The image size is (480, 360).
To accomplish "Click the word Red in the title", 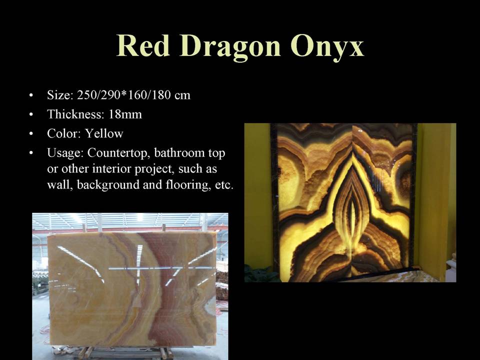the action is coord(143,45).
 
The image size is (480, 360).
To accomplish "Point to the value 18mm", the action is coord(125,114).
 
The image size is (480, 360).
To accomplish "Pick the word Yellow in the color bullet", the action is coord(104,133).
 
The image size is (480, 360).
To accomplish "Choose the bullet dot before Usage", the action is coord(31,152).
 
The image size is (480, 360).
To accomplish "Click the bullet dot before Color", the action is coord(31,133).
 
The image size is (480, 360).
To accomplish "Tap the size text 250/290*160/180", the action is coord(123,95).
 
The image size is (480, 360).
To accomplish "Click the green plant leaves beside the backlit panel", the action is coord(260,274).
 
